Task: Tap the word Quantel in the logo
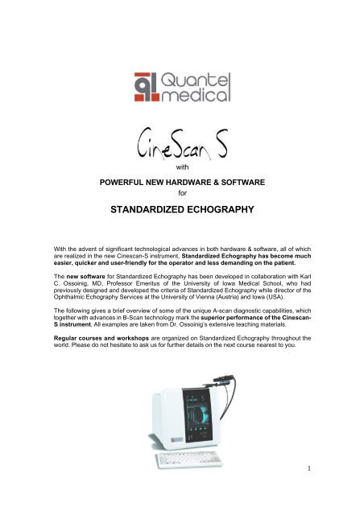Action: [x=198, y=77]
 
